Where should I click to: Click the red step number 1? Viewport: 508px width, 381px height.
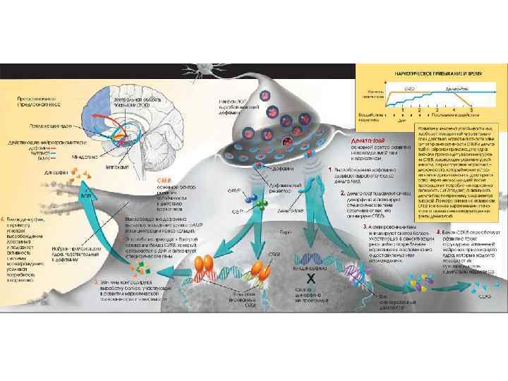tap(331, 170)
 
